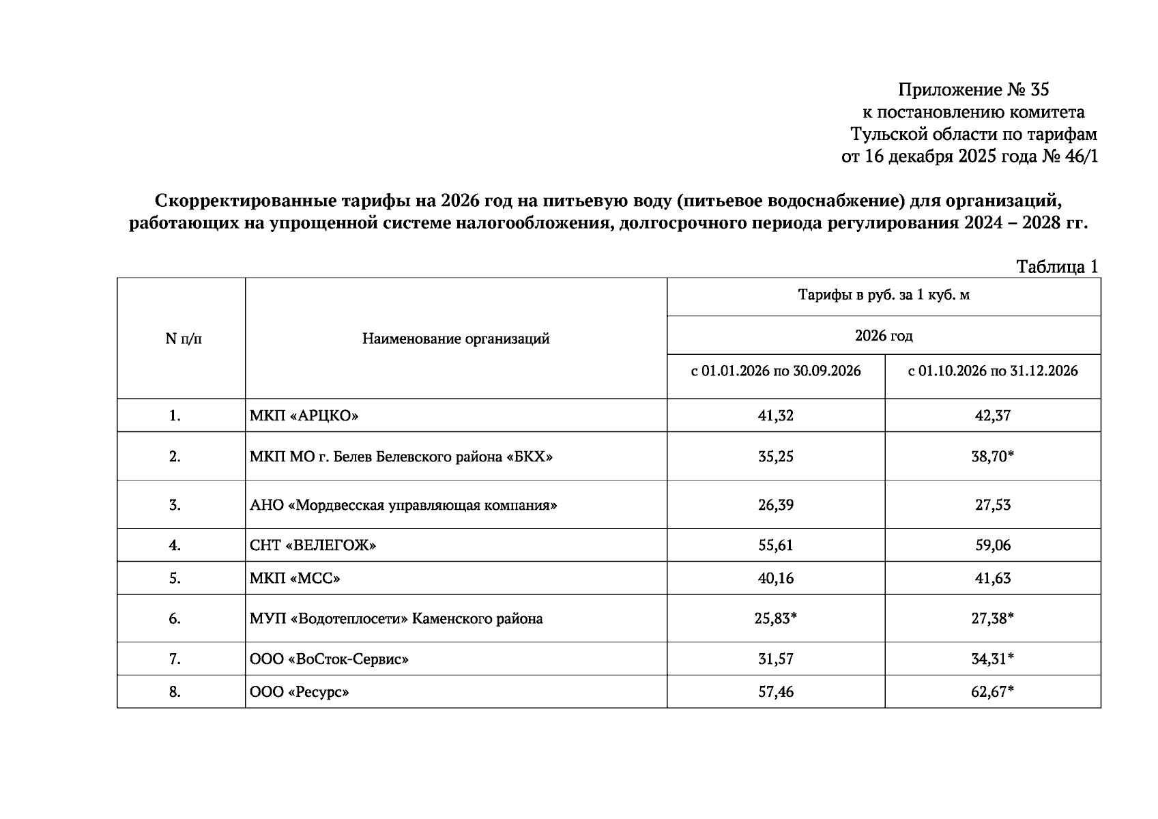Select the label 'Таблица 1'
pyautogui.click(x=1057, y=266)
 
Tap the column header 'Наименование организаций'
pyautogui.click(x=455, y=339)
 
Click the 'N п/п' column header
pyautogui.click(x=184, y=339)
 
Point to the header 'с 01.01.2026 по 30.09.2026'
pyautogui.click(x=776, y=371)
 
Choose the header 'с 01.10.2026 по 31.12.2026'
pyautogui.click(x=992, y=371)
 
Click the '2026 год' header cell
pyautogui.click(x=883, y=335)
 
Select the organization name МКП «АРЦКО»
pyautogui.click(x=304, y=416)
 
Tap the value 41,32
pyautogui.click(x=776, y=416)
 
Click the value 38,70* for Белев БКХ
pyautogui.click(x=993, y=457)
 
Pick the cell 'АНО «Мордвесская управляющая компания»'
pyautogui.click(x=403, y=505)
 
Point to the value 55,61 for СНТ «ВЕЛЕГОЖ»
pyautogui.click(x=776, y=545)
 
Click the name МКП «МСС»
pyautogui.click(x=295, y=578)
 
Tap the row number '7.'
pyautogui.click(x=175, y=659)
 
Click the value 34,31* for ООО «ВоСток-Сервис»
pyautogui.click(x=993, y=659)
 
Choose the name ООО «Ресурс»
pyautogui.click(x=299, y=692)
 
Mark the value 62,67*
pyautogui.click(x=993, y=692)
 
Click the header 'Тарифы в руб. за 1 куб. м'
pyautogui.click(x=883, y=295)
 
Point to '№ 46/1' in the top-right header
pyautogui.click(x=1070, y=156)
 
